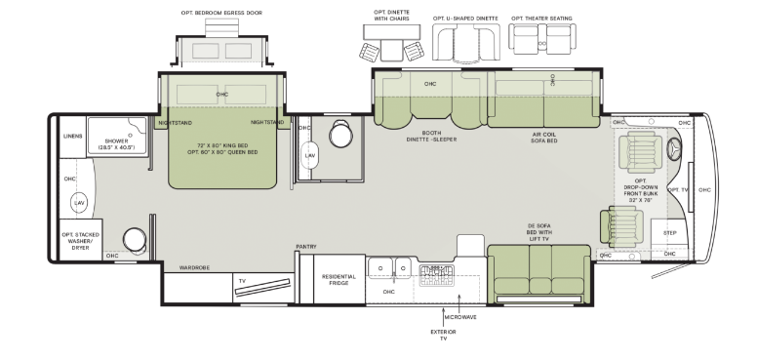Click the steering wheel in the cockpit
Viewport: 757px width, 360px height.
(674, 148)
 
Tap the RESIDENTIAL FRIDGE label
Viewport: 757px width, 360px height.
(339, 280)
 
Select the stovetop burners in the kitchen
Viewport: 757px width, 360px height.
(436, 275)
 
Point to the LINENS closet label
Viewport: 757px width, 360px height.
(72, 136)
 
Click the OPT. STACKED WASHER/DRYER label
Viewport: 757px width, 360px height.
(80, 241)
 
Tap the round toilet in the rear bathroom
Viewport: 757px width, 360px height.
(135, 240)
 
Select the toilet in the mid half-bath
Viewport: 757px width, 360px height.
(340, 134)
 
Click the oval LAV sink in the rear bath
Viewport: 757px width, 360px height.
(79, 203)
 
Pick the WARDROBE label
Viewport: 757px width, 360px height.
(194, 268)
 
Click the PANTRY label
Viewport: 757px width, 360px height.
(306, 247)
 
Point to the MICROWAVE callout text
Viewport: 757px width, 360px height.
(460, 317)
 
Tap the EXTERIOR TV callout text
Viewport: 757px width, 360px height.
(443, 335)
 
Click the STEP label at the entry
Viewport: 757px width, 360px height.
(669, 233)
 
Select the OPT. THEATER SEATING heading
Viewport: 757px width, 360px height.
(541, 19)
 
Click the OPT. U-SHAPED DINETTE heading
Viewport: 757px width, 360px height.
(465, 19)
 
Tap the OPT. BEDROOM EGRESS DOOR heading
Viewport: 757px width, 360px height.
(221, 13)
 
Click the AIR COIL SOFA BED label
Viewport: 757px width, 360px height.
(544, 138)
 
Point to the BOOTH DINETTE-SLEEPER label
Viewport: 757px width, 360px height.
(431, 136)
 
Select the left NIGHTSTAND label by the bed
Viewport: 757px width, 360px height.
(175, 123)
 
